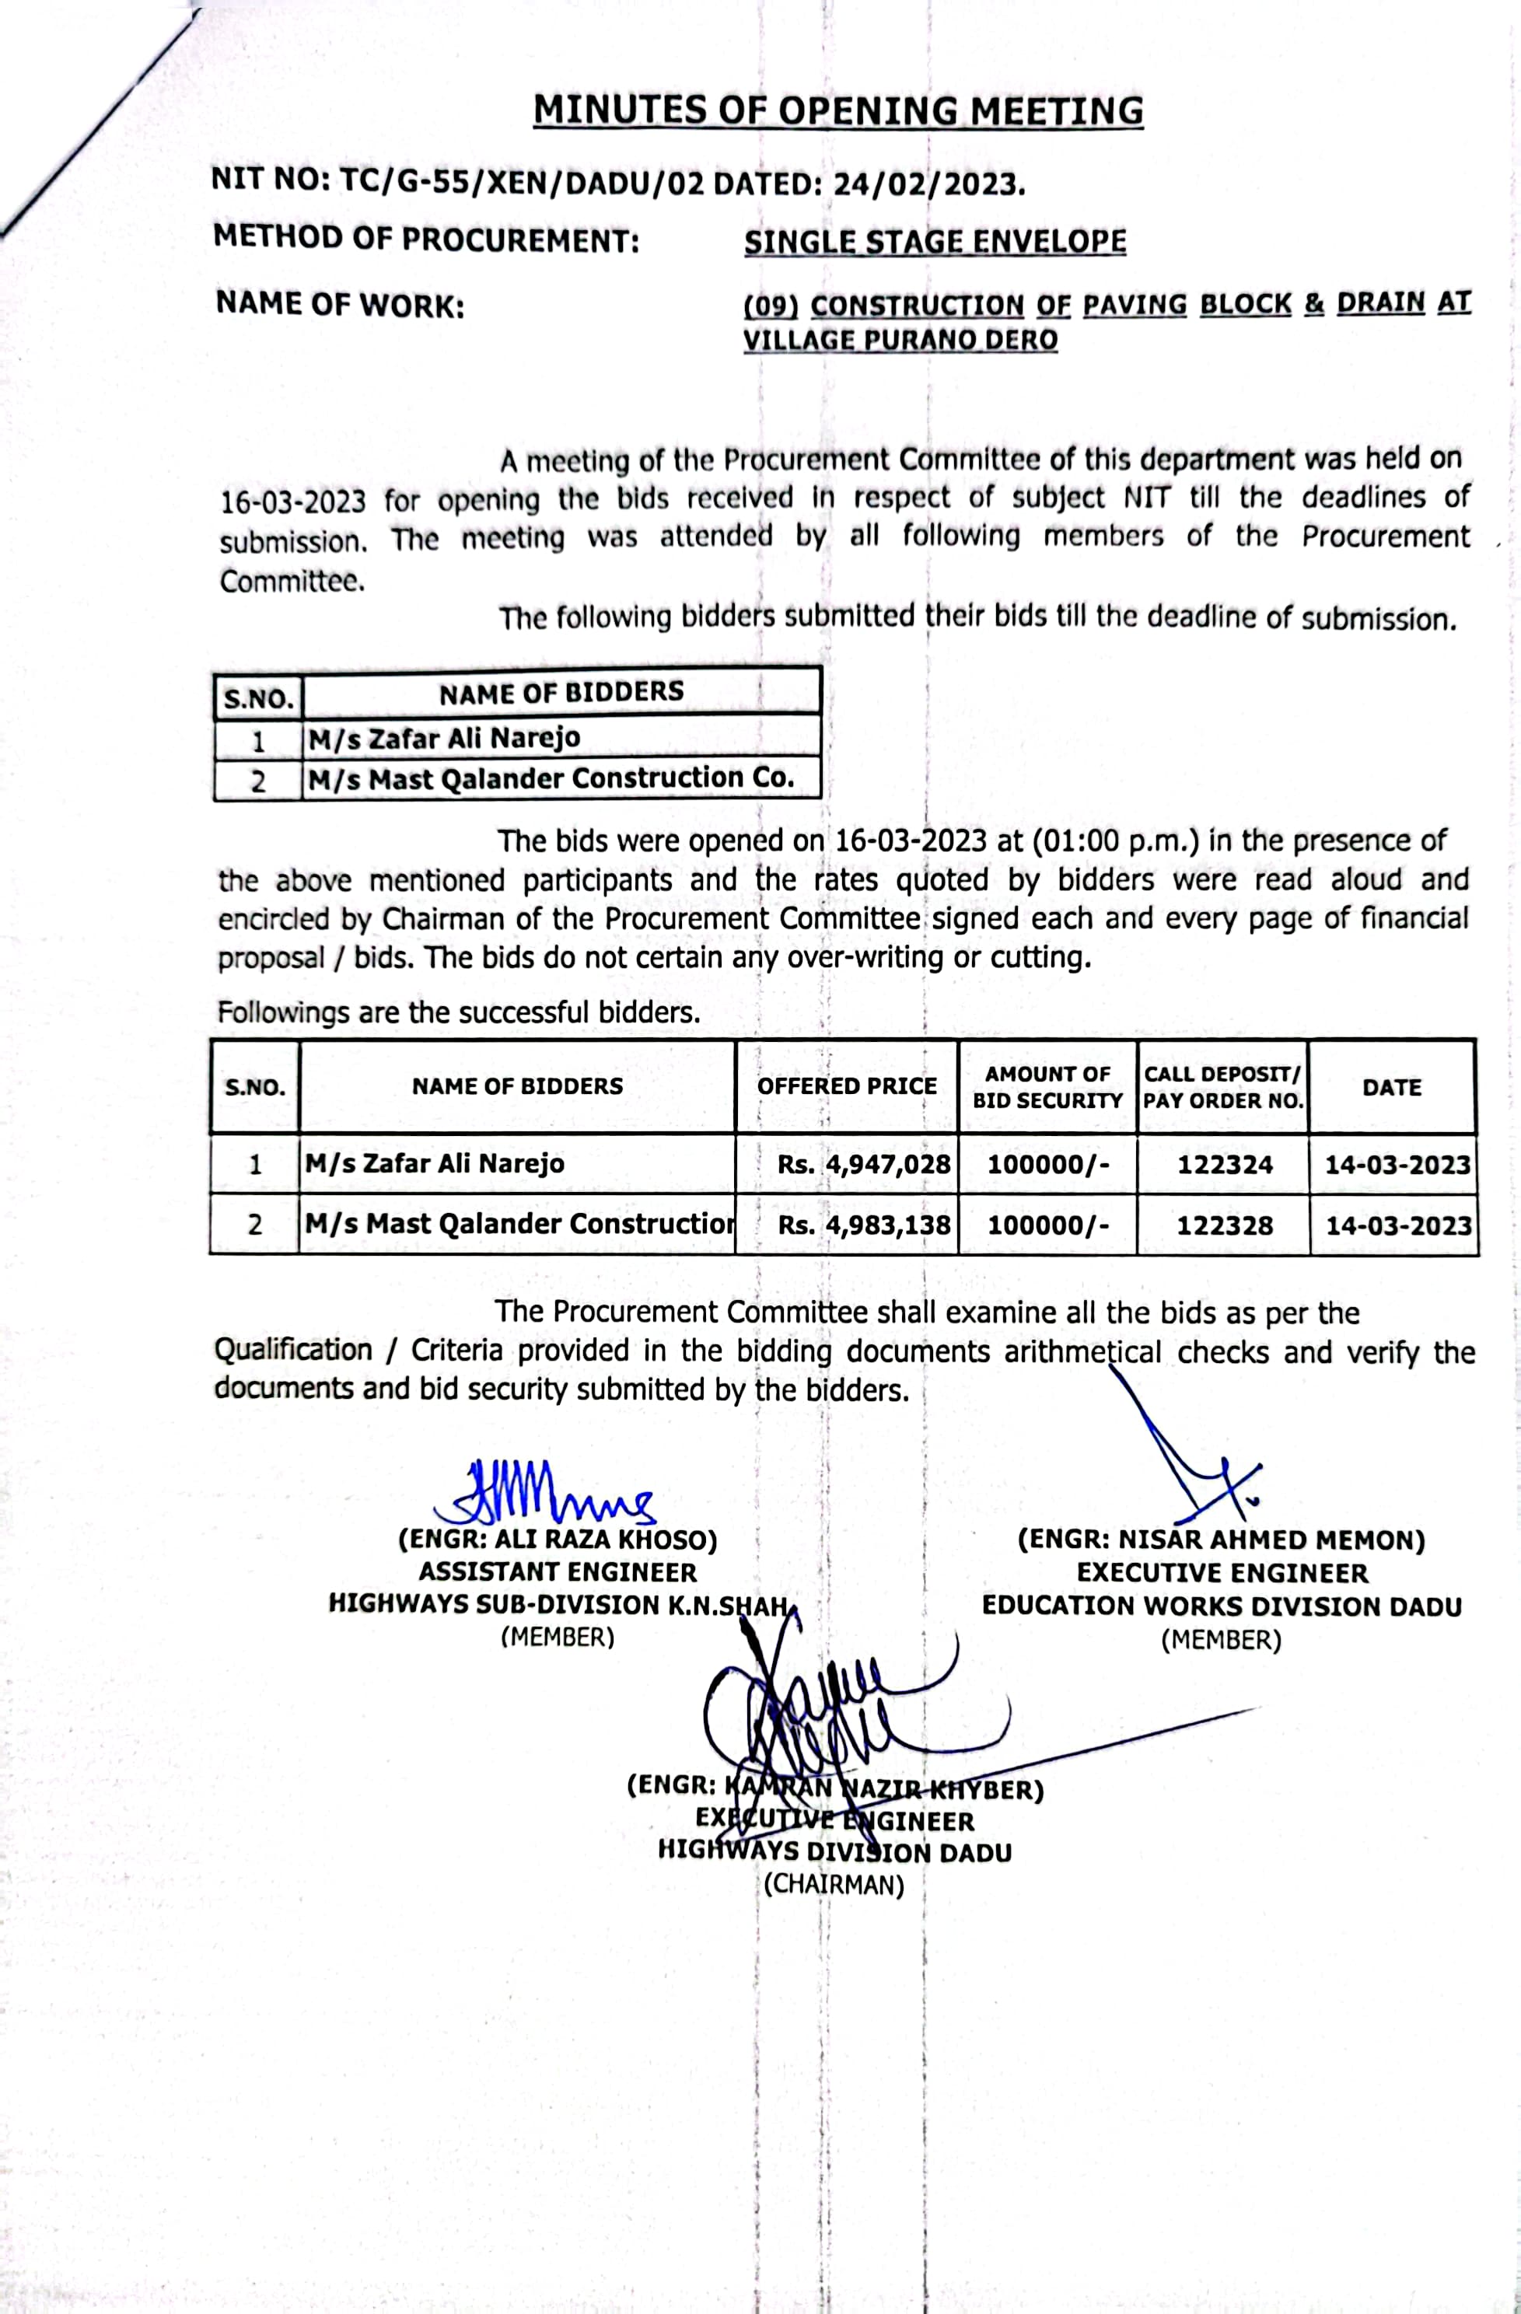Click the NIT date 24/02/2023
[x=928, y=183]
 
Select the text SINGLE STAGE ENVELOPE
[x=935, y=241]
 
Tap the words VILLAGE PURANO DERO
[x=900, y=341]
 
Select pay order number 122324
[x=1225, y=1164]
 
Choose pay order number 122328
[x=1225, y=1224]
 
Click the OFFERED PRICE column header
[x=846, y=1086]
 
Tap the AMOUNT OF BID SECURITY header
[x=1047, y=1087]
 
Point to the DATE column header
[x=1392, y=1087]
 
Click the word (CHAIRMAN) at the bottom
[x=834, y=1886]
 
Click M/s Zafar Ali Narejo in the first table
[x=445, y=739]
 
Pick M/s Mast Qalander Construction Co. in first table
[x=551, y=779]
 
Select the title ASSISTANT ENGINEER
[x=558, y=1572]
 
